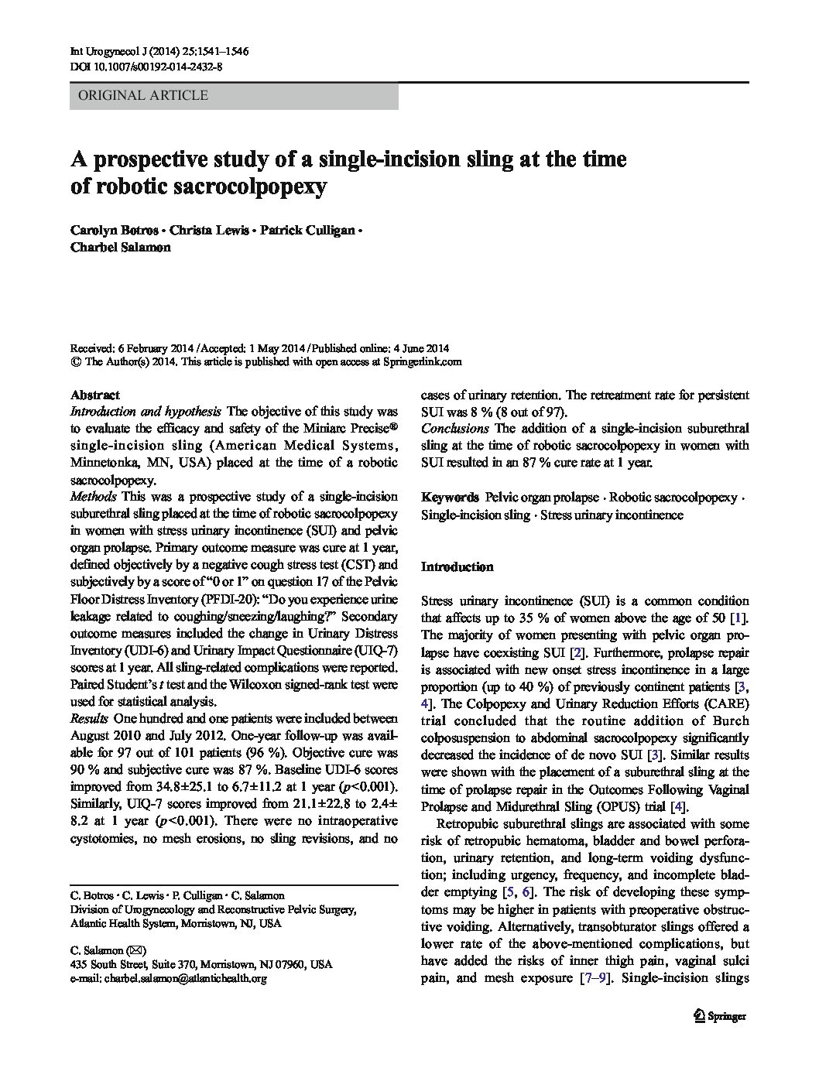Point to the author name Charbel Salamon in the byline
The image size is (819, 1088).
click(120, 248)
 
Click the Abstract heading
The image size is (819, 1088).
click(95, 395)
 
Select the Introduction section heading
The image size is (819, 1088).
click(457, 566)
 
